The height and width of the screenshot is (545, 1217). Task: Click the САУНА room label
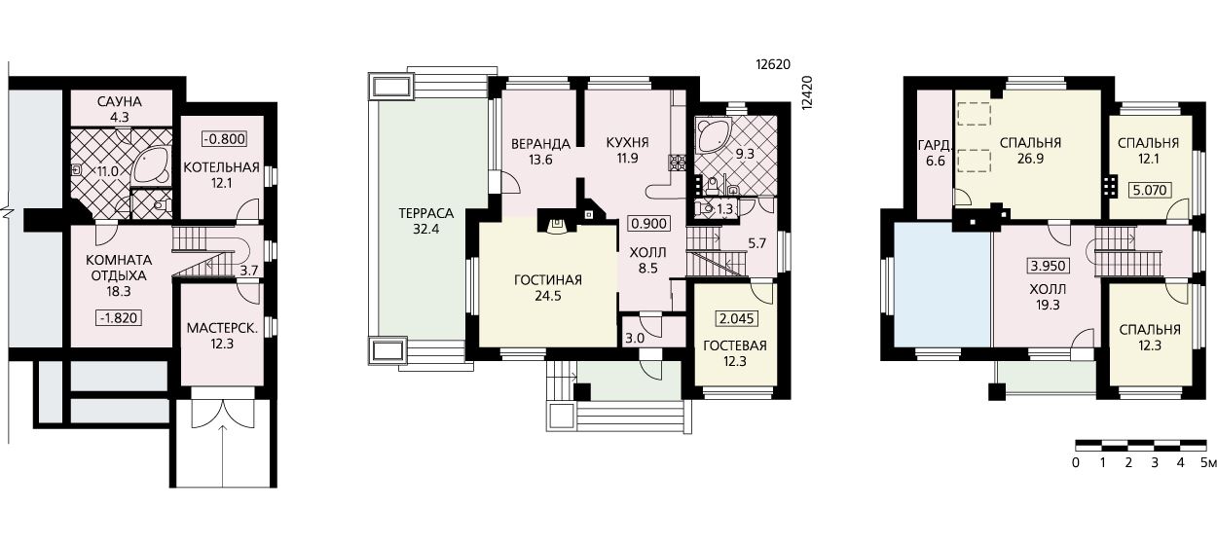(120, 101)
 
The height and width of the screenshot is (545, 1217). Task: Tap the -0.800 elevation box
(224, 139)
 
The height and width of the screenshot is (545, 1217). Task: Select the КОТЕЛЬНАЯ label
(221, 167)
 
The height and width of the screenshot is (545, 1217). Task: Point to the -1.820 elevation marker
(119, 317)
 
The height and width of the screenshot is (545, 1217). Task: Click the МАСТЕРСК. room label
(222, 328)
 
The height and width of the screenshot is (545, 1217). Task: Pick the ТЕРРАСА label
(426, 213)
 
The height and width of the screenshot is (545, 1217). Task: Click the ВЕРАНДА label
(540, 144)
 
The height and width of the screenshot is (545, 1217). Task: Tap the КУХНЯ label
(628, 143)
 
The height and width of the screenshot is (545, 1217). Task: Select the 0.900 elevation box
(648, 223)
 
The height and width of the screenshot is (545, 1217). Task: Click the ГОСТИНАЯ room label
(547, 280)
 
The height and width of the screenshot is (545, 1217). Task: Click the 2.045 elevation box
(737, 318)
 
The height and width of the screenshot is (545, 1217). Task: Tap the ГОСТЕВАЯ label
(734, 345)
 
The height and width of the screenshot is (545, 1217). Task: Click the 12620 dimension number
(773, 64)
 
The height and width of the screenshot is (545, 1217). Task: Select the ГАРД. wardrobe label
(935, 145)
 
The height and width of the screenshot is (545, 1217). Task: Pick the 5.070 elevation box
(1150, 190)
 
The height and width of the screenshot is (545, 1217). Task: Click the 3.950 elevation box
(1049, 266)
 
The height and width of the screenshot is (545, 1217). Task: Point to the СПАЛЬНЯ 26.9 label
(1030, 151)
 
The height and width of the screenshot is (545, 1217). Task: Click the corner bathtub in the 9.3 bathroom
(712, 135)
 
